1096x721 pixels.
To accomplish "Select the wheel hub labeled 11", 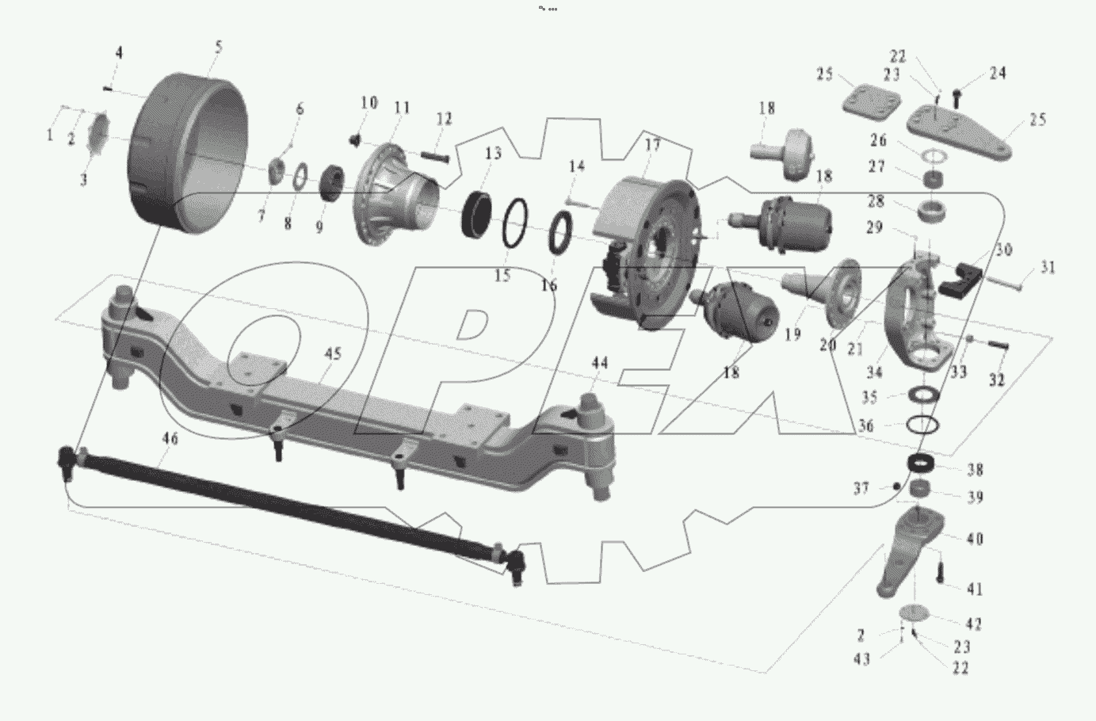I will [396, 194].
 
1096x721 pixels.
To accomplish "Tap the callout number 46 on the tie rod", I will [170, 438].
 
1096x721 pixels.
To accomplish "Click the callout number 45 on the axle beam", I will [333, 353].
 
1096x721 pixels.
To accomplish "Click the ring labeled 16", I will [561, 232].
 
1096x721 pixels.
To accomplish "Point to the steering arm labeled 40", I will [911, 551].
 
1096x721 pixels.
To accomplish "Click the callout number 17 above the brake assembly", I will [652, 145].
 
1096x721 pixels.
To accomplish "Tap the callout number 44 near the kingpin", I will [600, 363].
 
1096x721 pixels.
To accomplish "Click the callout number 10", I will [369, 103].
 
